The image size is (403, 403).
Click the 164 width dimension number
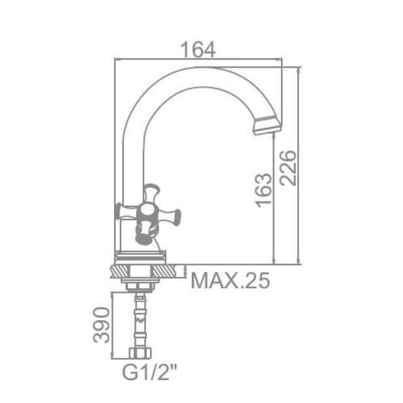pos(198,49)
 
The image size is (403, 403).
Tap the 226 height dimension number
pos(288,168)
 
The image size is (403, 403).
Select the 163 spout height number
pos(263,190)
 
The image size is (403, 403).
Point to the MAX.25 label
pos(230,281)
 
